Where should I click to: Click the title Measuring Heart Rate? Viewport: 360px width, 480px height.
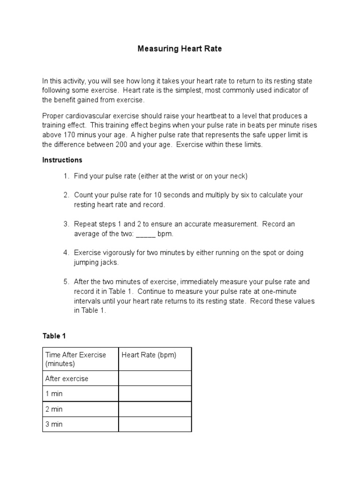(180, 49)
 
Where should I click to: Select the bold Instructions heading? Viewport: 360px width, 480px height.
(62, 160)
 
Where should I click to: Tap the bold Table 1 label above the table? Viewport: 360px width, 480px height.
(51, 336)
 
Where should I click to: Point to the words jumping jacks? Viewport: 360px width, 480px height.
(96, 262)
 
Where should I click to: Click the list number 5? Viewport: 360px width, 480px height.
(66, 282)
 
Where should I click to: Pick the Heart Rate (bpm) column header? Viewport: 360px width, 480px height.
(149, 355)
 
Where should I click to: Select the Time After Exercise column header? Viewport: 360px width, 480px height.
(75, 359)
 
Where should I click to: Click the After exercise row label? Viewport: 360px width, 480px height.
(67, 378)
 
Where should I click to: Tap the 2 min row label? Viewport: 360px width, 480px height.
(54, 409)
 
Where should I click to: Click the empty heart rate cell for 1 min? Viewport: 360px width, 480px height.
(155, 394)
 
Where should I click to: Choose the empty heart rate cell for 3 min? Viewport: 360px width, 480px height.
(155, 424)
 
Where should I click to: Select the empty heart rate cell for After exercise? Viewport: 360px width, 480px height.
(155, 378)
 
